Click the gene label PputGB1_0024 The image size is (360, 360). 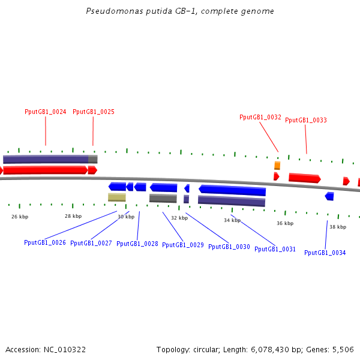pos(45,112)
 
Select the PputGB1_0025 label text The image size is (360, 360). pos(94,112)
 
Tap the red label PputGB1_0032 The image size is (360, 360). pos(260,117)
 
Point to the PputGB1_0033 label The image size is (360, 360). pos(306,120)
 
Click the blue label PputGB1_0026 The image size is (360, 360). pos(45,242)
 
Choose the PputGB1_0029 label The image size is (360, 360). pos(183,245)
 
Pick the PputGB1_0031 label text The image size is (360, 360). pos(275,248)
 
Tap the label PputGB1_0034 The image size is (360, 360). pos(325,253)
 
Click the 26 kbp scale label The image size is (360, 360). pos(20,217)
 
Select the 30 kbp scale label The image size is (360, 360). pos(126,217)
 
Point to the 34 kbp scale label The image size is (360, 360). pos(232,220)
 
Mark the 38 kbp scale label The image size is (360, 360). pos(338,227)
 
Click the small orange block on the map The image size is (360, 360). pos(277,165)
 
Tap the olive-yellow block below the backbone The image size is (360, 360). pos(117,197)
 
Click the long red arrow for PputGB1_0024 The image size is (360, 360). pos(46,170)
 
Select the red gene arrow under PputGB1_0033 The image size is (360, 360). pos(304,178)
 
